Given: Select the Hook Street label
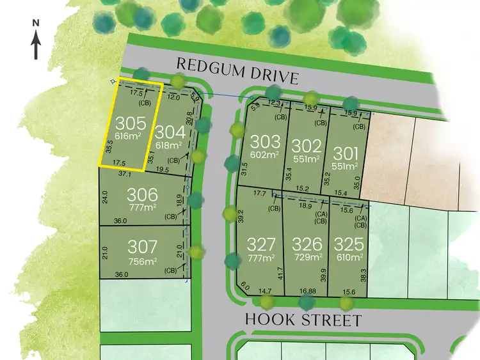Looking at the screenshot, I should pyautogui.click(x=304, y=319).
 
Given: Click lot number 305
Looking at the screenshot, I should pyautogui.click(x=131, y=123).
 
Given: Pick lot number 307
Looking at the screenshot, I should pyautogui.click(x=143, y=246).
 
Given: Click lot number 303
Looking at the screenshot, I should pyautogui.click(x=265, y=141).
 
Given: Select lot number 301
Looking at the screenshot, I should pyautogui.click(x=346, y=153).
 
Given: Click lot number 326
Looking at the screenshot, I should pyautogui.click(x=306, y=244).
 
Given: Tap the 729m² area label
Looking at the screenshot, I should pyautogui.click(x=306, y=257).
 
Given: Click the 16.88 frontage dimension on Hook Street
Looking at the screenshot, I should pyautogui.click(x=308, y=291).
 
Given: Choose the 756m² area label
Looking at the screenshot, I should pyautogui.click(x=143, y=260).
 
